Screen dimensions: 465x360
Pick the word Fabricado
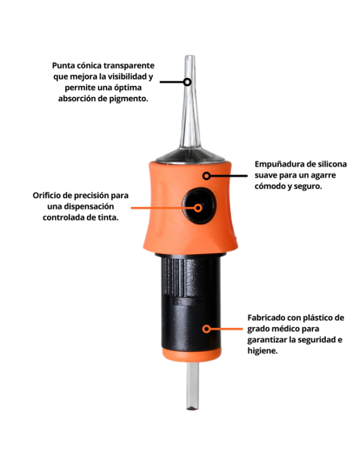(264, 316)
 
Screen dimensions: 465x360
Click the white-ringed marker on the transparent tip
(188, 81)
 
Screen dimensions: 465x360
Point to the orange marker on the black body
(206, 328)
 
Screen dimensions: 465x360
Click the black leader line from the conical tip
(171, 81)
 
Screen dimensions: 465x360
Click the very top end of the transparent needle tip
(189, 57)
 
